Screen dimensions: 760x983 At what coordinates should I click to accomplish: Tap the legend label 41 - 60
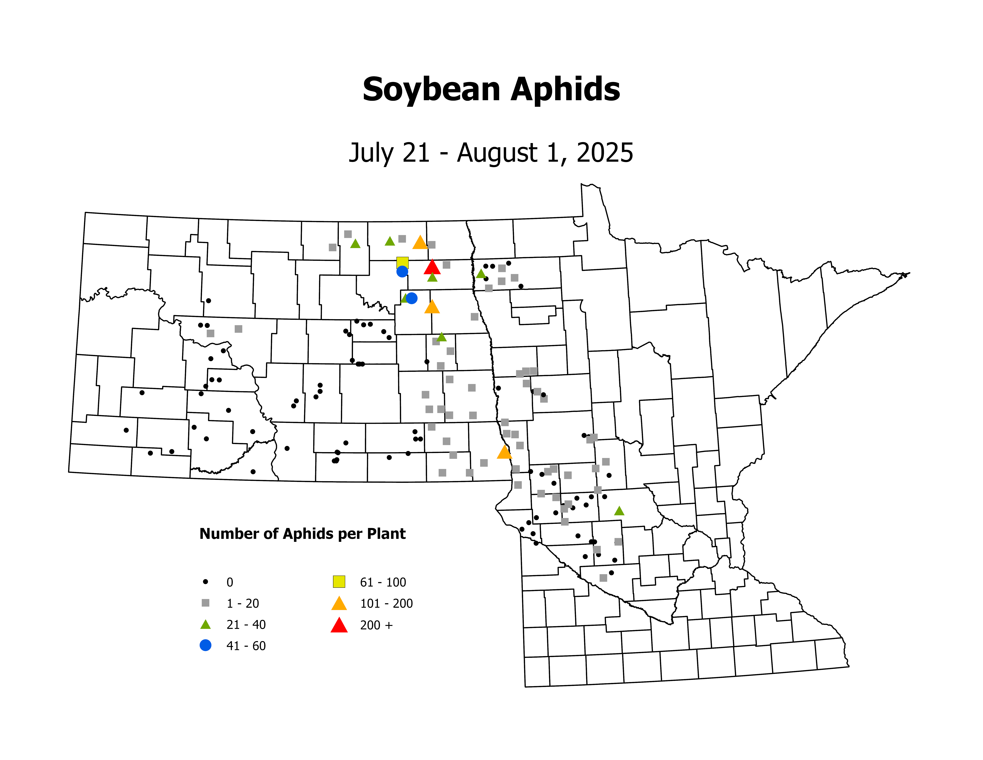click(x=246, y=646)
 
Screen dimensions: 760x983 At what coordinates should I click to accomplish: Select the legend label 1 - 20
click(x=243, y=603)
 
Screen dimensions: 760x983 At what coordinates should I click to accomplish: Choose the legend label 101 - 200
click(x=386, y=603)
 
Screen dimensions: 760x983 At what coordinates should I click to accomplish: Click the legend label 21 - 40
click(x=246, y=625)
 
